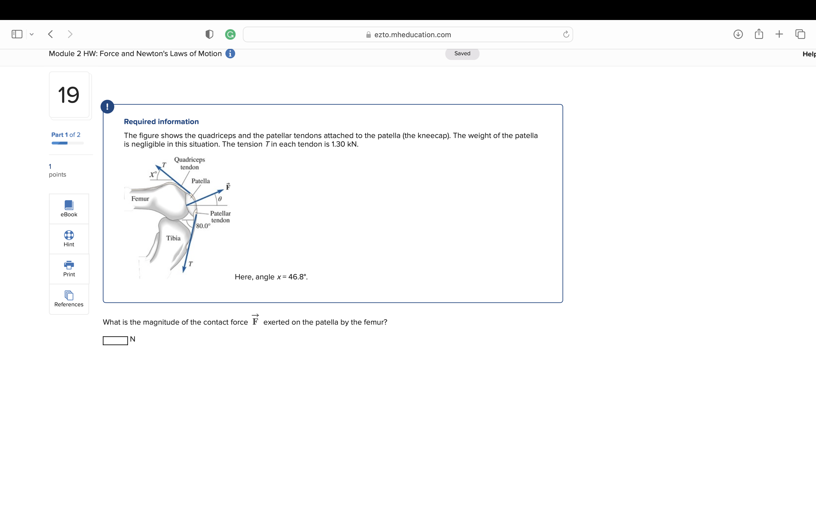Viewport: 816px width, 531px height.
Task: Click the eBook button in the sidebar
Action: (x=69, y=209)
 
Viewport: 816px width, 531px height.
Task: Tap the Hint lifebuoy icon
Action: (x=69, y=235)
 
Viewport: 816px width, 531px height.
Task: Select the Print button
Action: (x=69, y=269)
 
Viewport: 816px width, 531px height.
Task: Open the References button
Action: (x=69, y=299)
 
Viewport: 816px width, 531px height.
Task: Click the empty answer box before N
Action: (x=115, y=340)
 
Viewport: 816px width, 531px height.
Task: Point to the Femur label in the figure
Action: (x=140, y=199)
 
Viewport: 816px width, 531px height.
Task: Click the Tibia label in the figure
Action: (x=173, y=238)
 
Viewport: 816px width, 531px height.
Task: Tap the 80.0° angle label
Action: (x=203, y=226)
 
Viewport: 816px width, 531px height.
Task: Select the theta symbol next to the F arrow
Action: (x=220, y=199)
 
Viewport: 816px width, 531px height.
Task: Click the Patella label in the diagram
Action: (x=201, y=181)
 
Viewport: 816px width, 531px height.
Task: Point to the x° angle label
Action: (x=153, y=174)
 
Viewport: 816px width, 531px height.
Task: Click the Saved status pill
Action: (x=462, y=54)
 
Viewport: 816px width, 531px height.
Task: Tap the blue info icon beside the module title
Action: (x=230, y=54)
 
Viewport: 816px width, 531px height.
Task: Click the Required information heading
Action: (x=161, y=121)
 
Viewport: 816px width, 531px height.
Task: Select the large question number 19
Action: (x=69, y=95)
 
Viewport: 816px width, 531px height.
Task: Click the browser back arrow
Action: (x=51, y=34)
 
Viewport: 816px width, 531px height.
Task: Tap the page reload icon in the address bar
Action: (x=566, y=34)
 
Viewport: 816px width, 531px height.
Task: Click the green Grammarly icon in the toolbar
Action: (x=230, y=34)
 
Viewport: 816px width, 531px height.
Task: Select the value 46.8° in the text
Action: (x=297, y=277)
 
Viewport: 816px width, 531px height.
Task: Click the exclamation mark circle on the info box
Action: (x=107, y=106)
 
